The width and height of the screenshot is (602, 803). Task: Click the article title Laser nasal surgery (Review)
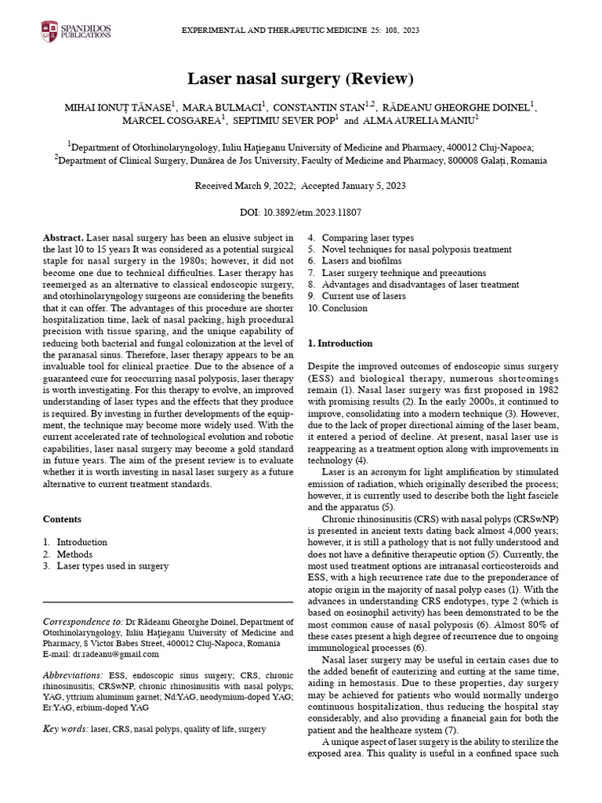tap(300, 78)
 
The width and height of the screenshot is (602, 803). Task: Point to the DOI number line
tap(300, 213)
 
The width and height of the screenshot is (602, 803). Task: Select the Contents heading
tap(63, 519)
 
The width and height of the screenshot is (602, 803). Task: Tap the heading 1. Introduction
tap(340, 343)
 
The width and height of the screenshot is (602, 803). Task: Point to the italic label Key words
tap(64, 729)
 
